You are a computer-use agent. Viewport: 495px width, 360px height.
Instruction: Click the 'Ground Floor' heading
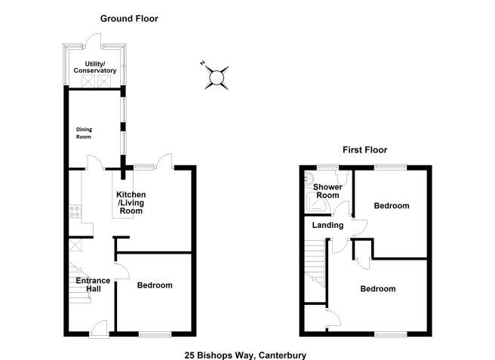(x=130, y=18)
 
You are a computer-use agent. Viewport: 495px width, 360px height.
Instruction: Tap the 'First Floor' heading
(x=364, y=149)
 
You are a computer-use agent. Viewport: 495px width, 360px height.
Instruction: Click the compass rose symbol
(x=217, y=76)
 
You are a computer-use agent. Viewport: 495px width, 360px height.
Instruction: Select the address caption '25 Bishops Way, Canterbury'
(x=246, y=354)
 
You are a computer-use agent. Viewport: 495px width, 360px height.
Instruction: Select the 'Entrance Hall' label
(x=93, y=285)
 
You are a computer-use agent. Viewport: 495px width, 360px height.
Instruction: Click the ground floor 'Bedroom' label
(x=155, y=285)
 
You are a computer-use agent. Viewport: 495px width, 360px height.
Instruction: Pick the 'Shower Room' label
(x=328, y=191)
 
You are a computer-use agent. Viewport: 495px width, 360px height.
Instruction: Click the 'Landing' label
(x=327, y=225)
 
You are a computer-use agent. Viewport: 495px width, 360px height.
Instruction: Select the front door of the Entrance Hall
(x=97, y=328)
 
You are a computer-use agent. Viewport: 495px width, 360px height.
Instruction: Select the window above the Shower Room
(x=327, y=165)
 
